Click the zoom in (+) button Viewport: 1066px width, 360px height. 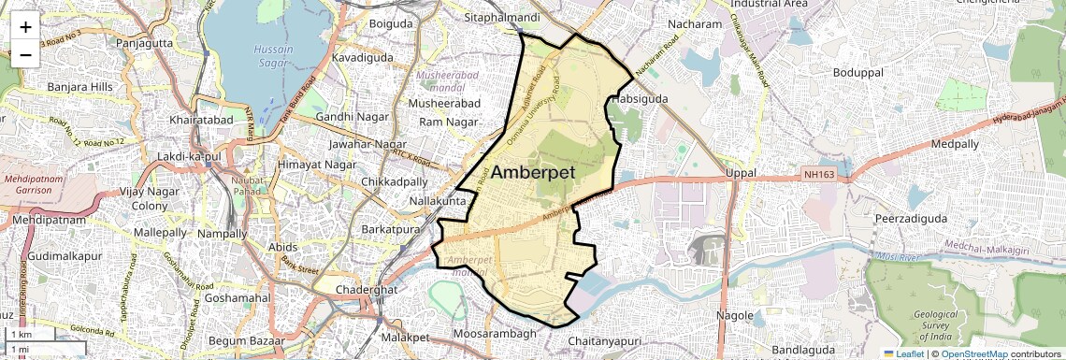click(25, 26)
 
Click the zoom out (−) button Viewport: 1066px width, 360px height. click(25, 54)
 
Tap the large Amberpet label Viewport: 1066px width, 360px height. click(532, 172)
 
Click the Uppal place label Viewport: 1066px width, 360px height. click(740, 174)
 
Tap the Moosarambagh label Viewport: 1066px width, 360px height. click(494, 334)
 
